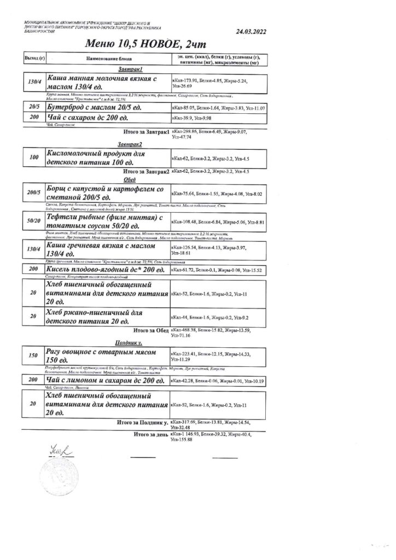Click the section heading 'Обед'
coord(130,179)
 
